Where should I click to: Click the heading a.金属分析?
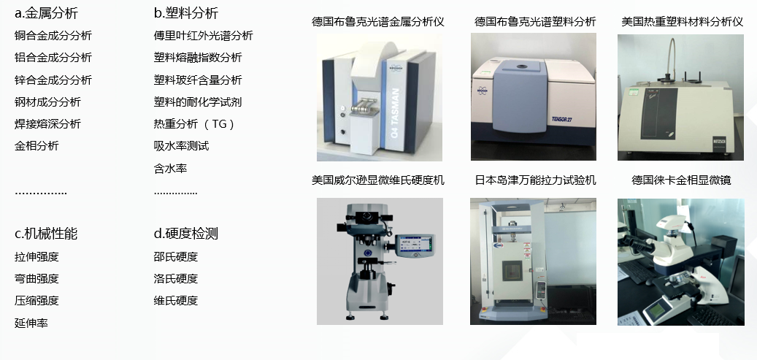46,13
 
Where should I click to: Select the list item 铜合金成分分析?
53,36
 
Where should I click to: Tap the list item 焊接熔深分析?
47,124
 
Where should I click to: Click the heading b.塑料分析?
186,13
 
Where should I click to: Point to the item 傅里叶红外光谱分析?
203,36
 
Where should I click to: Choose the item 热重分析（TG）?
195,124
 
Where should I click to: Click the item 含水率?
170,169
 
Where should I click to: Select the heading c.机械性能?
46,234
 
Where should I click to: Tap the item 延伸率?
31,323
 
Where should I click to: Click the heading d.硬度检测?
186,234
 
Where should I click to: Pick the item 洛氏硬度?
176,279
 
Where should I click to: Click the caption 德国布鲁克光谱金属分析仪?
378,22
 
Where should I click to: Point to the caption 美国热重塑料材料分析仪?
682,22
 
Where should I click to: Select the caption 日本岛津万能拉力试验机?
535,180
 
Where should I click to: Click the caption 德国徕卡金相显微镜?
681,180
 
